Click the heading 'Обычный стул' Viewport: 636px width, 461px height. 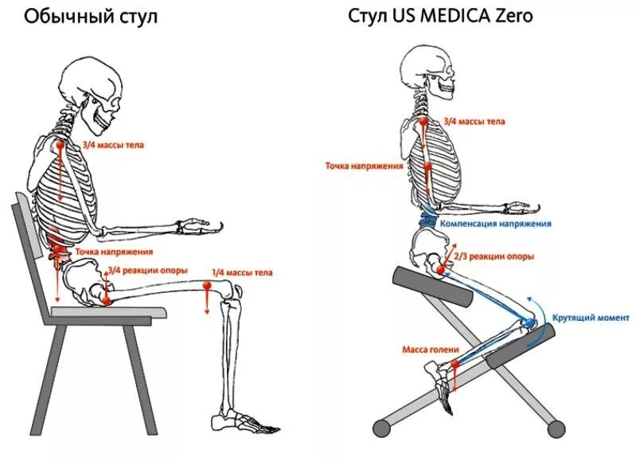pyautogui.click(x=91, y=17)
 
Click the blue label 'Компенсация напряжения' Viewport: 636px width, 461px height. pyautogui.click(x=495, y=224)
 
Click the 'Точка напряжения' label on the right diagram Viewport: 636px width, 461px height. pyautogui.click(x=364, y=166)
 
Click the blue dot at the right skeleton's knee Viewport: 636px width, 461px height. pyautogui.click(x=529, y=322)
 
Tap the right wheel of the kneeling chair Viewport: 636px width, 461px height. pyautogui.click(x=557, y=428)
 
